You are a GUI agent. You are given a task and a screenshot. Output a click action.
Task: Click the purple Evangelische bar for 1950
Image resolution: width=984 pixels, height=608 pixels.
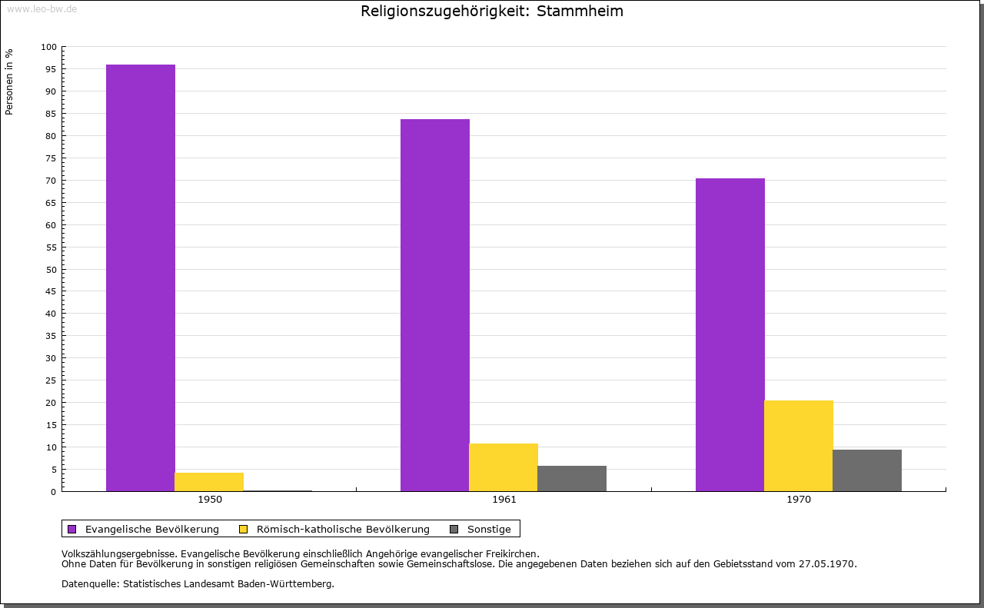(x=141, y=277)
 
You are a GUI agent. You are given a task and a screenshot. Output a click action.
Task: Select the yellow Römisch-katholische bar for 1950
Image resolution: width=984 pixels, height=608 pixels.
(x=209, y=482)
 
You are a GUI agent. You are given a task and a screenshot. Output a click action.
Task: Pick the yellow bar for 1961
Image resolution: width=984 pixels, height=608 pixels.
(x=504, y=467)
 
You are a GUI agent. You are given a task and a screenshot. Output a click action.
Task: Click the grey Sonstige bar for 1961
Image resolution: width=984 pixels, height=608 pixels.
(x=572, y=478)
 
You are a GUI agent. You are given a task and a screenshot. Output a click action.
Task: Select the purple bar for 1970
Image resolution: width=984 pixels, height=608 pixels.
(x=730, y=334)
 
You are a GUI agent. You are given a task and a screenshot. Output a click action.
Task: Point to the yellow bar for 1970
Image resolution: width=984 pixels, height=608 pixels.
(x=799, y=446)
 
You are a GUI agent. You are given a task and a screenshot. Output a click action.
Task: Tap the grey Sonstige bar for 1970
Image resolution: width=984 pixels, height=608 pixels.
(x=867, y=470)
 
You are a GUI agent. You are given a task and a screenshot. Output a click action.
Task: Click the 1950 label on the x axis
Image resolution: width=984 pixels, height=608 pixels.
(x=210, y=500)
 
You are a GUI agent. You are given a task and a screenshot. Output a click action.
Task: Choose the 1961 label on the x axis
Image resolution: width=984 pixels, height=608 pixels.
(x=504, y=500)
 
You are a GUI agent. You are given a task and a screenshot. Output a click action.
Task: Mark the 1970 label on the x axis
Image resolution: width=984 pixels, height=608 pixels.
(x=799, y=500)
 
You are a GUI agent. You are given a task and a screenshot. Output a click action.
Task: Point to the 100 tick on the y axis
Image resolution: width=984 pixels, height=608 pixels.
(x=49, y=47)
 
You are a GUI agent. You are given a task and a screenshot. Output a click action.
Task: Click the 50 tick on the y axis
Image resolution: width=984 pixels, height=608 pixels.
(x=52, y=269)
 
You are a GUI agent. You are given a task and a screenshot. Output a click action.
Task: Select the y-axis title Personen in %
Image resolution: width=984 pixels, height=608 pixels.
(x=9, y=81)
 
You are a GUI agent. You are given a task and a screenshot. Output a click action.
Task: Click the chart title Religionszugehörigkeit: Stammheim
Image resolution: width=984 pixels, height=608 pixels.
(x=492, y=12)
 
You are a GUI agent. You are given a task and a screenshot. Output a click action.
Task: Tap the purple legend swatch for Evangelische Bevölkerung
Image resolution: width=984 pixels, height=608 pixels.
(x=72, y=529)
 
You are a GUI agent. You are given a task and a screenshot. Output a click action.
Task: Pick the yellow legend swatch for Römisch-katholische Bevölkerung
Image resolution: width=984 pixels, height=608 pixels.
(x=243, y=529)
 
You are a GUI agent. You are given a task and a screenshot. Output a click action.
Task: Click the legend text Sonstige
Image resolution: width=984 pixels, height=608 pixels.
(x=489, y=529)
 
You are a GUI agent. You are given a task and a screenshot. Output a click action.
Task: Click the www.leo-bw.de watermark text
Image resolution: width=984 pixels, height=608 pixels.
(x=42, y=8)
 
